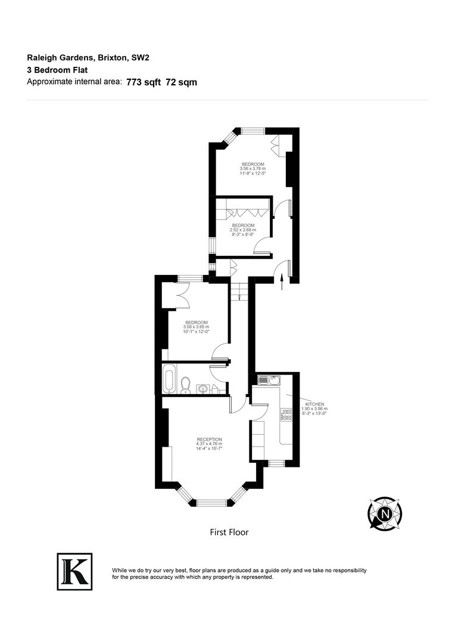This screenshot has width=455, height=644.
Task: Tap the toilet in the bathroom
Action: tap(186, 385)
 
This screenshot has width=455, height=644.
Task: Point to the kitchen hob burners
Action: tap(286, 415)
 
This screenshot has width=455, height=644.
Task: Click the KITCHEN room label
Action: tap(314, 404)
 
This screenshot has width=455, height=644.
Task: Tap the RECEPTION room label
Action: tap(209, 439)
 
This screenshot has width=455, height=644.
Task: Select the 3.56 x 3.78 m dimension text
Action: tap(253, 169)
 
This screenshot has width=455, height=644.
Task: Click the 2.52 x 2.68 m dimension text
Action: tap(243, 230)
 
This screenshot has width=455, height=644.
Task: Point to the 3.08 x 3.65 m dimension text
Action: tap(196, 327)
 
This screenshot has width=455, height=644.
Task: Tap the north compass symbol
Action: tap(385, 513)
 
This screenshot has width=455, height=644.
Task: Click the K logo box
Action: tap(74, 571)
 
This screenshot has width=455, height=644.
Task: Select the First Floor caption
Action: tap(229, 532)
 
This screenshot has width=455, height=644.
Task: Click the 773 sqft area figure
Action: tap(144, 82)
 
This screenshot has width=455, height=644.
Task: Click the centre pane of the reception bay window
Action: tap(213, 503)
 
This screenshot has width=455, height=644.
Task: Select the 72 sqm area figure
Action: tap(182, 82)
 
